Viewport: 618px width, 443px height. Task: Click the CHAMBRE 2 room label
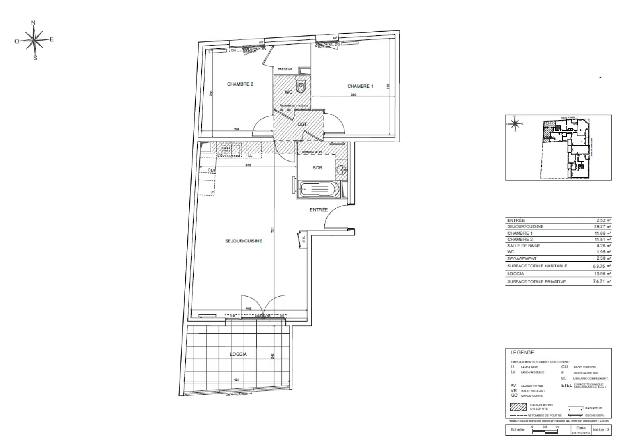pyautogui.click(x=240, y=84)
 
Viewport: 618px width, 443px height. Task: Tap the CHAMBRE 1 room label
pyautogui.click(x=360, y=86)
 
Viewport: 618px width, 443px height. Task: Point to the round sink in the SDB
pyautogui.click(x=340, y=169)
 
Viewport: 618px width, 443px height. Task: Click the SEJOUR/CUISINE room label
pyautogui.click(x=244, y=241)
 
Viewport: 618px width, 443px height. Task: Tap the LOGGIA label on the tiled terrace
pyautogui.click(x=238, y=354)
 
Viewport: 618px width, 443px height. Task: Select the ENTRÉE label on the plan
pyautogui.click(x=319, y=210)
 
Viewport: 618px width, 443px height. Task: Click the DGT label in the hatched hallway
pyautogui.click(x=302, y=124)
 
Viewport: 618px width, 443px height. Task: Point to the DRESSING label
pyautogui.click(x=285, y=69)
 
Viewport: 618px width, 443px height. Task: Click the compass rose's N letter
pyautogui.click(x=34, y=23)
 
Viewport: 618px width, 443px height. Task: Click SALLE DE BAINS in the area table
pyautogui.click(x=524, y=246)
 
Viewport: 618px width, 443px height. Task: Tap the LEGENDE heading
pyautogui.click(x=522, y=352)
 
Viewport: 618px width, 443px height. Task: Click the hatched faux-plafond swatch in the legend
pyautogui.click(x=518, y=407)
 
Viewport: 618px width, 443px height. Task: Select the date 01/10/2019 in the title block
pyautogui.click(x=581, y=432)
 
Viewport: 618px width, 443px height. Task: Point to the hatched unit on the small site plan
pyautogui.click(x=547, y=132)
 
